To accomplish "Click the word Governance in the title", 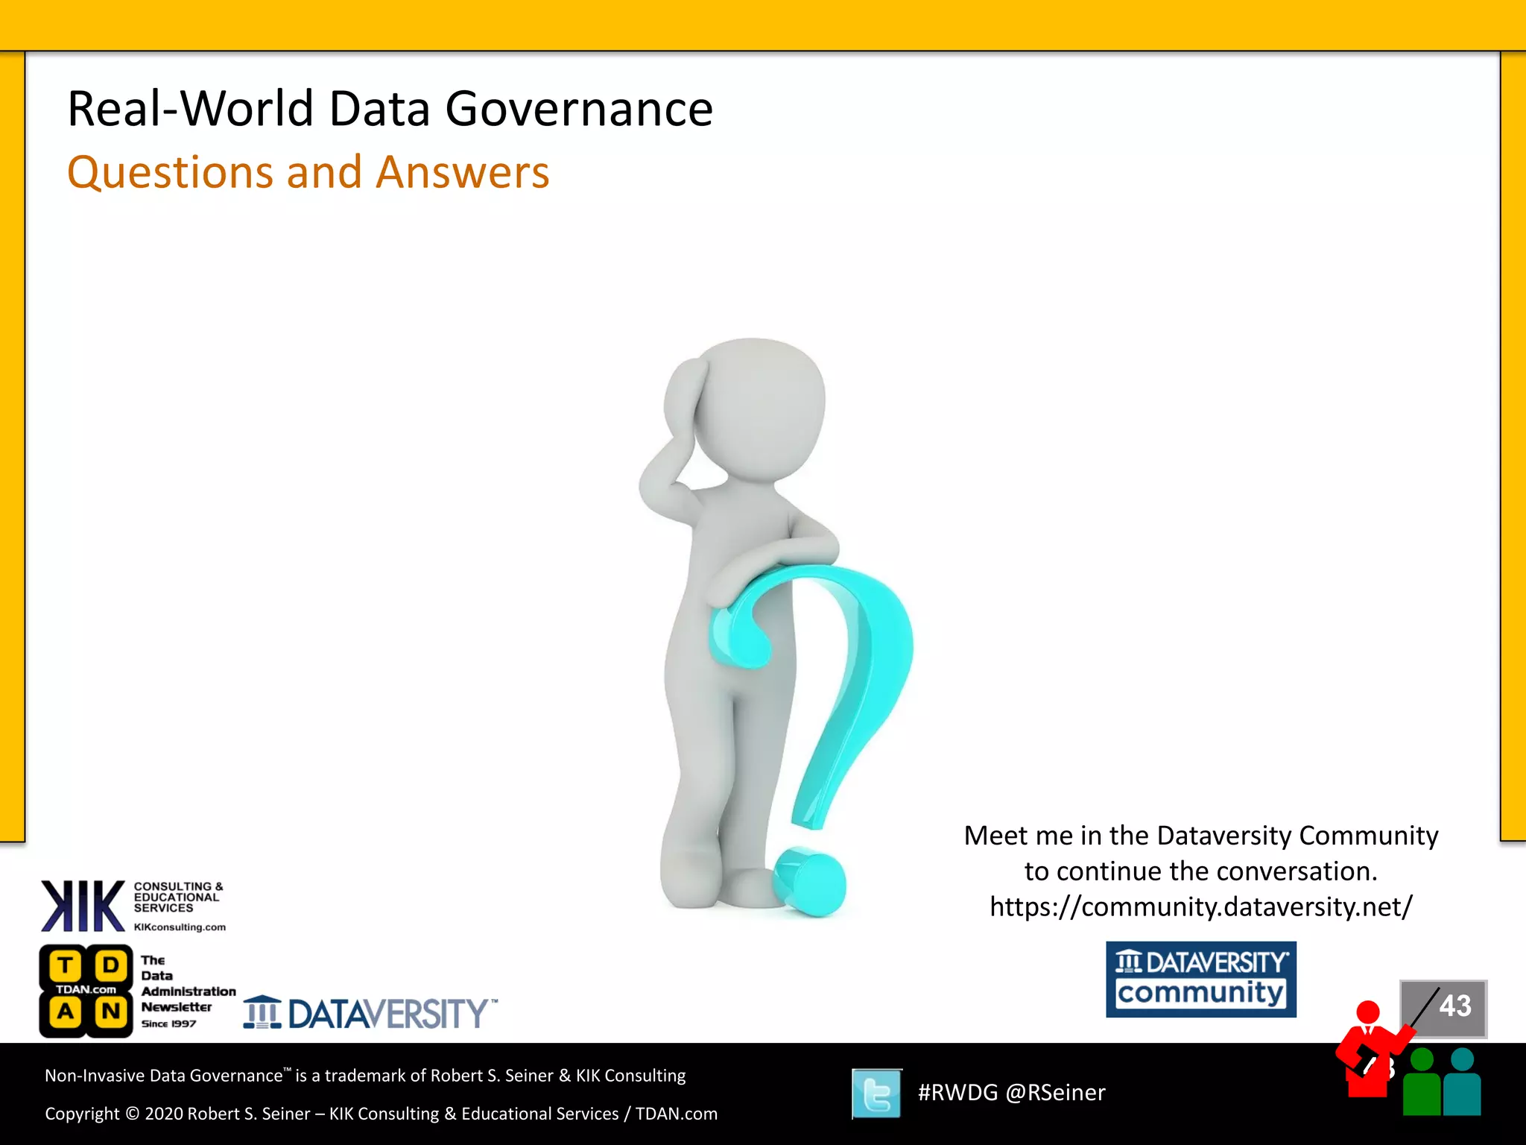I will (579, 110).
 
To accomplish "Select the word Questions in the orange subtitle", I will (170, 173).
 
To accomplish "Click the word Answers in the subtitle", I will (462, 172).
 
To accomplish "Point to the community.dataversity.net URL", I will (1200, 906).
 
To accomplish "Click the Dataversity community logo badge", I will (1200, 979).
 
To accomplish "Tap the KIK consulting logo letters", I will (82, 906).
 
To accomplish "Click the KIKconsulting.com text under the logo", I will (180, 927).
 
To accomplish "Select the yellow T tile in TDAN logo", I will (66, 966).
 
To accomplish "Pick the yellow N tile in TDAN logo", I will (110, 1012).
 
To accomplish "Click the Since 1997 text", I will (168, 1023).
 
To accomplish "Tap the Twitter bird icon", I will (876, 1094).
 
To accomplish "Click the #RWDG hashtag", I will (957, 1093).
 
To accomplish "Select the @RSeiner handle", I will (1055, 1093).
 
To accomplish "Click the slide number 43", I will (1454, 1006).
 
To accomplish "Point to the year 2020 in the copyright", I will (163, 1114).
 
